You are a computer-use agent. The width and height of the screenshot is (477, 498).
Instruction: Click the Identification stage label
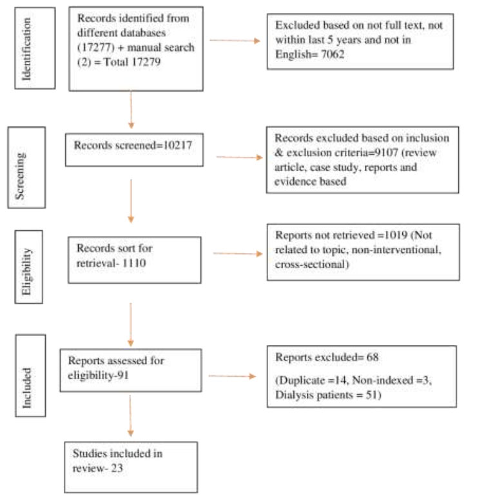(x=26, y=48)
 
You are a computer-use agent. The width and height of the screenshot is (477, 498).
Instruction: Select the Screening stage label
(x=20, y=175)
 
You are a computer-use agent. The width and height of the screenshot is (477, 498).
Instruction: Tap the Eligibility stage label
(x=26, y=272)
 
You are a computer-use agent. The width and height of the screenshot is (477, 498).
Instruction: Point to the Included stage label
(x=27, y=388)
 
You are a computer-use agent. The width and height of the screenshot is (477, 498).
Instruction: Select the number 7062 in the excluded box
(x=333, y=54)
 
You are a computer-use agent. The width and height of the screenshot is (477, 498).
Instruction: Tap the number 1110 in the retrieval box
(x=133, y=263)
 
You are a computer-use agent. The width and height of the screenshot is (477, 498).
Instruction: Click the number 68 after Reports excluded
(x=373, y=357)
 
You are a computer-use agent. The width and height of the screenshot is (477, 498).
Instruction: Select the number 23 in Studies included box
(x=117, y=468)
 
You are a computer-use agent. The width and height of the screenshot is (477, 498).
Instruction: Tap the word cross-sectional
(x=312, y=264)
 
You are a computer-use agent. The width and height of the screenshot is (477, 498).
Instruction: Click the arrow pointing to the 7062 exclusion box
(x=235, y=41)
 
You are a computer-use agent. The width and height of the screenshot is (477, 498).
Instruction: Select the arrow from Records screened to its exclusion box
(x=240, y=157)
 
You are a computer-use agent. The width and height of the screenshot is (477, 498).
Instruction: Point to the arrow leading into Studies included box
(x=130, y=415)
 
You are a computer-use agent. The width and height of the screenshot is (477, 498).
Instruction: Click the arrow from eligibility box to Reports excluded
(x=232, y=376)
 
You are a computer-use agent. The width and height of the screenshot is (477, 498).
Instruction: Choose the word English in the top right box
(x=293, y=55)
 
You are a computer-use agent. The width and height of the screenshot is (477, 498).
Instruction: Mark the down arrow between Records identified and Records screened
(x=131, y=110)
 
